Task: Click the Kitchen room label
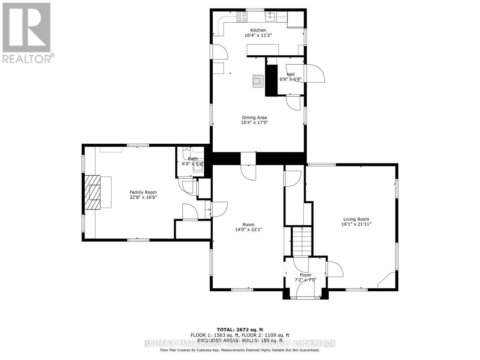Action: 258,30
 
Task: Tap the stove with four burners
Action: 242,17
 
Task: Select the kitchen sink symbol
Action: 271,16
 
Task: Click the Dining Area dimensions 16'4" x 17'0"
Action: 254,122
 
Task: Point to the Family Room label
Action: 143,192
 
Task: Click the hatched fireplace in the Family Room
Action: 92,192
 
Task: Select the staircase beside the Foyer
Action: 302,241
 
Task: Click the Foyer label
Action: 306,275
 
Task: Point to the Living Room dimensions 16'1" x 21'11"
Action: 356,224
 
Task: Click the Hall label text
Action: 290,74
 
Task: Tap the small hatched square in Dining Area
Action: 257,81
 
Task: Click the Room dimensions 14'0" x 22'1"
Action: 248,229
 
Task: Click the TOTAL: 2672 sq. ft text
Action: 240,330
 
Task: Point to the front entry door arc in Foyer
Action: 305,289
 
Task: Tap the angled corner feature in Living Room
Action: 387,280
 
